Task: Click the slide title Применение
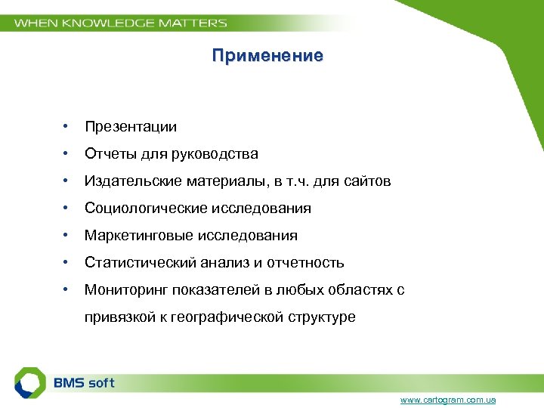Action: (x=267, y=56)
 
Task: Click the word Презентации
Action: (x=131, y=127)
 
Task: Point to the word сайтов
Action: (x=369, y=181)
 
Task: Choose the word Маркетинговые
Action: (x=139, y=236)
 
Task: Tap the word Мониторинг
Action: (x=126, y=290)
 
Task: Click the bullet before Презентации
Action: (x=67, y=126)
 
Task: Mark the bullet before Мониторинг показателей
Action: (x=67, y=289)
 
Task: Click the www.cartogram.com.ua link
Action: (x=448, y=400)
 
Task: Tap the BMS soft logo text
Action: (x=84, y=383)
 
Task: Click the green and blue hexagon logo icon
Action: (x=31, y=383)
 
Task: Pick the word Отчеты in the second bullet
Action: (x=109, y=154)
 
